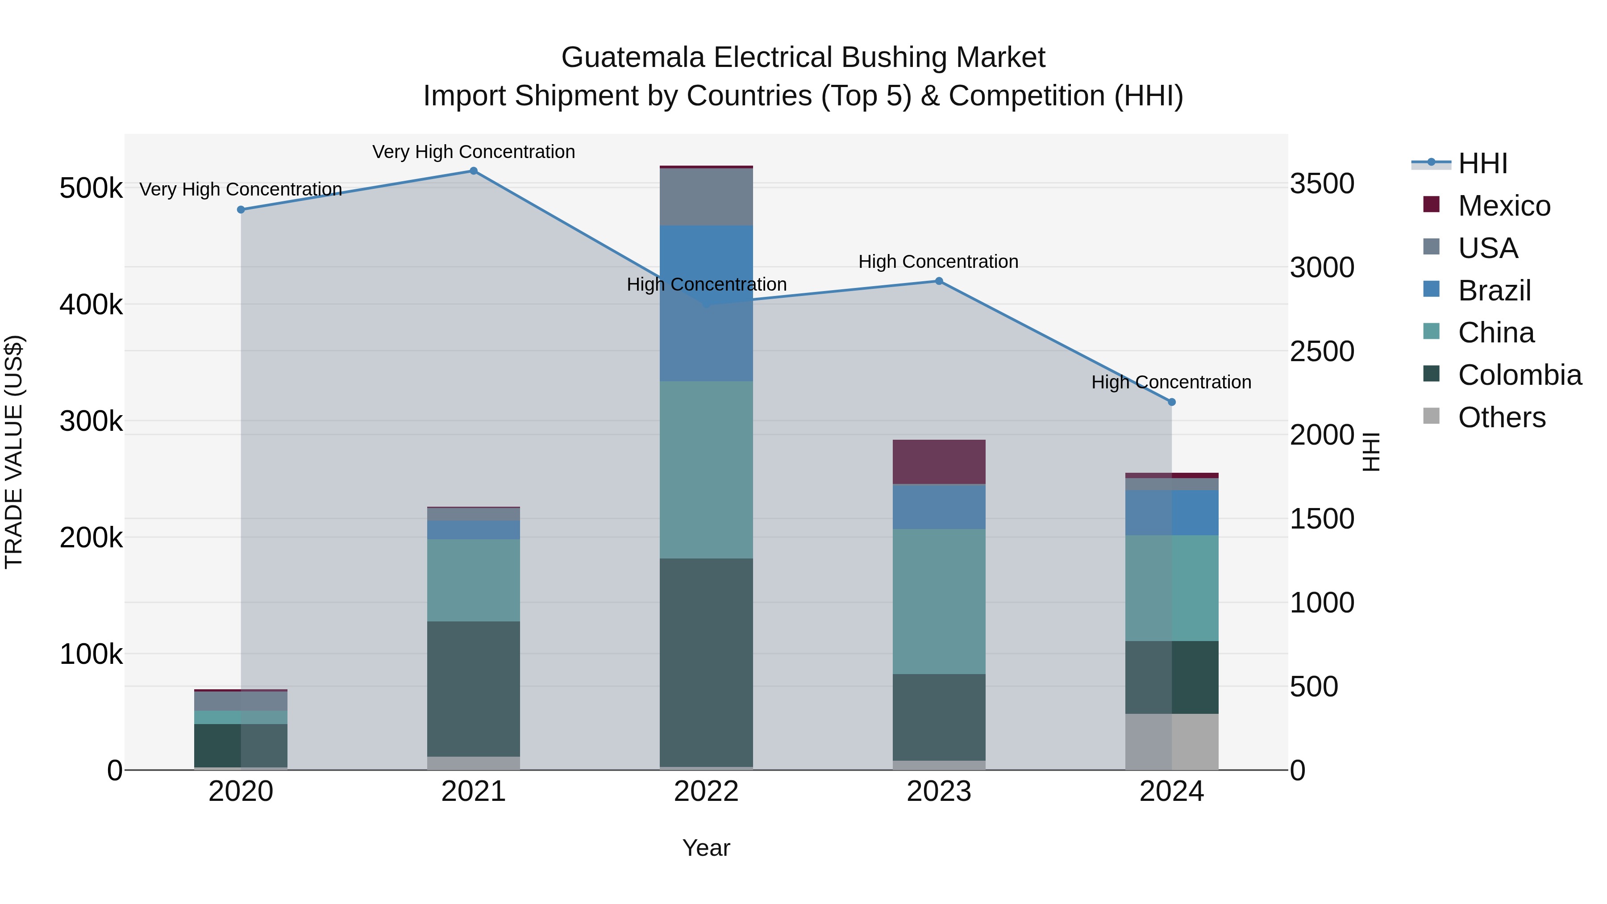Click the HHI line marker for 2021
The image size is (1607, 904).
(x=474, y=171)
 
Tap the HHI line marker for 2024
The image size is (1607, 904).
(x=1172, y=402)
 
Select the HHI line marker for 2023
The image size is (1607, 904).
(x=939, y=281)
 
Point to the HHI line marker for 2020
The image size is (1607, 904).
(x=241, y=210)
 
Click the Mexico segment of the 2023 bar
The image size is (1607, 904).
(x=939, y=462)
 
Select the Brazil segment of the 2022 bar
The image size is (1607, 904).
(x=706, y=303)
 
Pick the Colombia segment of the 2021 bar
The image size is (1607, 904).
(x=474, y=689)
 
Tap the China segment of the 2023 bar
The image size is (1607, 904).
(x=939, y=601)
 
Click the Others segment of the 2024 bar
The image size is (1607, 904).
(x=1172, y=742)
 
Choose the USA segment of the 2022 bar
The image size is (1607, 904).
(x=706, y=196)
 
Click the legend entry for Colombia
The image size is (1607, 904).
(x=1519, y=375)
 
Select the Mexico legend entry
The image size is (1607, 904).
(x=1503, y=206)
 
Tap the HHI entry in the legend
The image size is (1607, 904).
(x=1482, y=163)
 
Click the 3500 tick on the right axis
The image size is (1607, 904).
(x=1322, y=184)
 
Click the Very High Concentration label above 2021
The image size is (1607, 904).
(x=474, y=152)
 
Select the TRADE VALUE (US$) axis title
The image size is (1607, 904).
(x=14, y=452)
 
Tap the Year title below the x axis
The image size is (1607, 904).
(x=706, y=848)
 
